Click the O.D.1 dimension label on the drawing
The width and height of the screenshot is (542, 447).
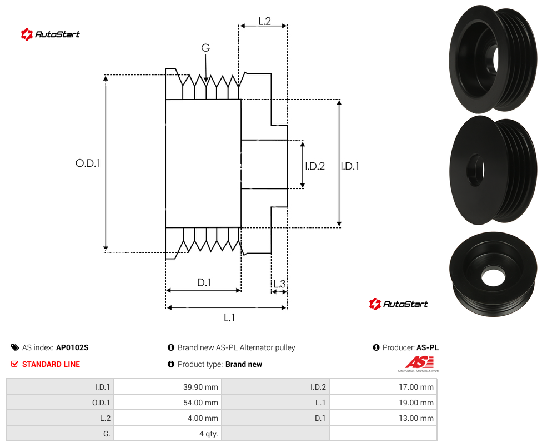(88, 163)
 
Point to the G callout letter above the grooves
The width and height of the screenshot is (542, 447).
(205, 47)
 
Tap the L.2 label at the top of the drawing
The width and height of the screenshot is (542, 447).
(264, 21)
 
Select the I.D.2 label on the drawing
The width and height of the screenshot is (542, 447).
(315, 166)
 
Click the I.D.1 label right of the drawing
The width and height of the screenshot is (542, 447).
(350, 166)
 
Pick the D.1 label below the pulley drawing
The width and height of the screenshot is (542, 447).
(204, 282)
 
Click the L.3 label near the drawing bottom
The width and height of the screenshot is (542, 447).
(279, 284)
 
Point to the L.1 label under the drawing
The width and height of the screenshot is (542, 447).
(229, 317)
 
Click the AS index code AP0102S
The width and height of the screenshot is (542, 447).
(72, 347)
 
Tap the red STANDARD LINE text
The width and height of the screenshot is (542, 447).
(51, 364)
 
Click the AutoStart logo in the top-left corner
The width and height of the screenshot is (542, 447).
(51, 34)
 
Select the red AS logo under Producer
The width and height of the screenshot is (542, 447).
(419, 363)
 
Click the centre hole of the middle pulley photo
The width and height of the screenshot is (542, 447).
(475, 170)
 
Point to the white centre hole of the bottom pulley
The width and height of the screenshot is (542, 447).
(493, 277)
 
